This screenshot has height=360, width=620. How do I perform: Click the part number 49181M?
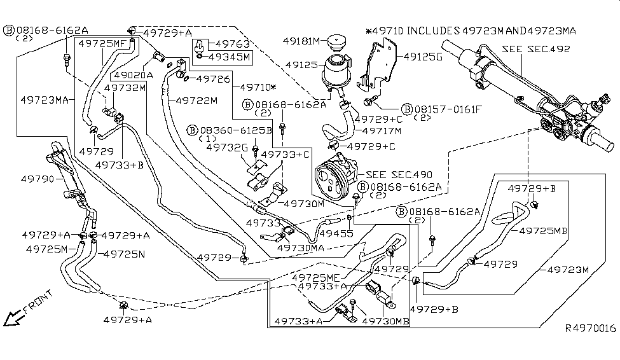point(304,41)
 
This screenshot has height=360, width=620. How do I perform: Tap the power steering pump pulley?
point(329,177)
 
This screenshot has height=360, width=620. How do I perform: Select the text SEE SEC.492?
point(535,49)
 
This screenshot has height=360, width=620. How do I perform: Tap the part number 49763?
point(233,45)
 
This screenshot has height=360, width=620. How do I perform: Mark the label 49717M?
point(382,131)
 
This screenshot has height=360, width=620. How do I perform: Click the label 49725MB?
point(544,231)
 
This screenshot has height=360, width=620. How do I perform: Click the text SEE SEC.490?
point(399,174)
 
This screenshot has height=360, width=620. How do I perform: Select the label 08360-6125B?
point(236,130)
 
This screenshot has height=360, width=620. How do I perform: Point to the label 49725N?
point(123,253)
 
